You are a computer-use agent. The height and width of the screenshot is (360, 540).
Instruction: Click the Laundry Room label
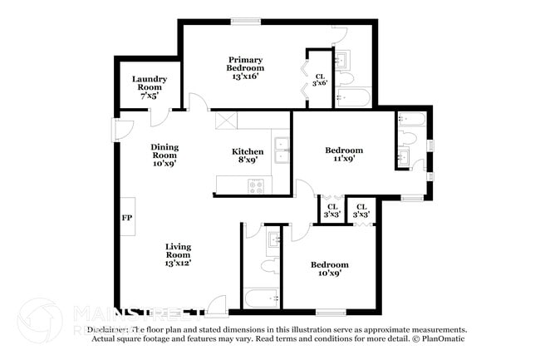(x=150, y=87)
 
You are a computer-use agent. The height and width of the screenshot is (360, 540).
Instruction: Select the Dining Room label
(x=164, y=155)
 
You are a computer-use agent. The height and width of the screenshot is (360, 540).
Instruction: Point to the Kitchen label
(x=247, y=155)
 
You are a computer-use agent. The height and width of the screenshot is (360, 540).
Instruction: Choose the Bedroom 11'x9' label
(x=343, y=155)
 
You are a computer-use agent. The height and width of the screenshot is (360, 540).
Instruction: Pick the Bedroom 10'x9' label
(x=329, y=269)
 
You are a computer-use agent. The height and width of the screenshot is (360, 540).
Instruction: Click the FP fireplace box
(x=128, y=217)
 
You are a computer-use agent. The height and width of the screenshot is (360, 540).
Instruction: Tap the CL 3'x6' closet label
(x=320, y=79)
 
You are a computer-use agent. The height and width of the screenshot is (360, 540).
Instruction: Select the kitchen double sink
(x=282, y=149)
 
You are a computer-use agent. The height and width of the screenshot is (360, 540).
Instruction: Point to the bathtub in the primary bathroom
(x=355, y=100)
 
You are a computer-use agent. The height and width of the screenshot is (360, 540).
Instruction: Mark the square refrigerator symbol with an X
(x=225, y=120)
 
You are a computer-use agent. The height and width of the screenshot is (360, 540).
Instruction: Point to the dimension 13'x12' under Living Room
(x=179, y=263)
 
